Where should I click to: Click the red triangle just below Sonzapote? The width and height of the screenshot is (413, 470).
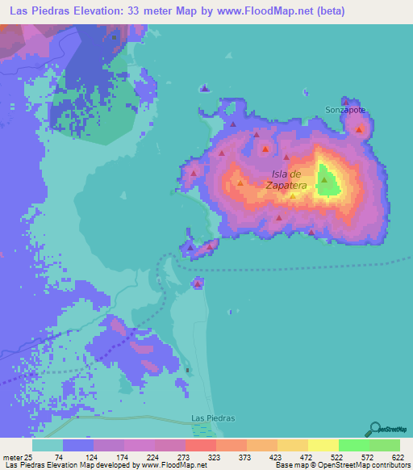click(x=358, y=129)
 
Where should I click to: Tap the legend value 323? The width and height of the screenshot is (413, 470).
click(x=215, y=457)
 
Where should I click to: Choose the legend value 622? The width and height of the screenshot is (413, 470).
click(x=398, y=457)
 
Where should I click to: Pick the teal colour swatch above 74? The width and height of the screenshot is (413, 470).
click(x=48, y=445)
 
